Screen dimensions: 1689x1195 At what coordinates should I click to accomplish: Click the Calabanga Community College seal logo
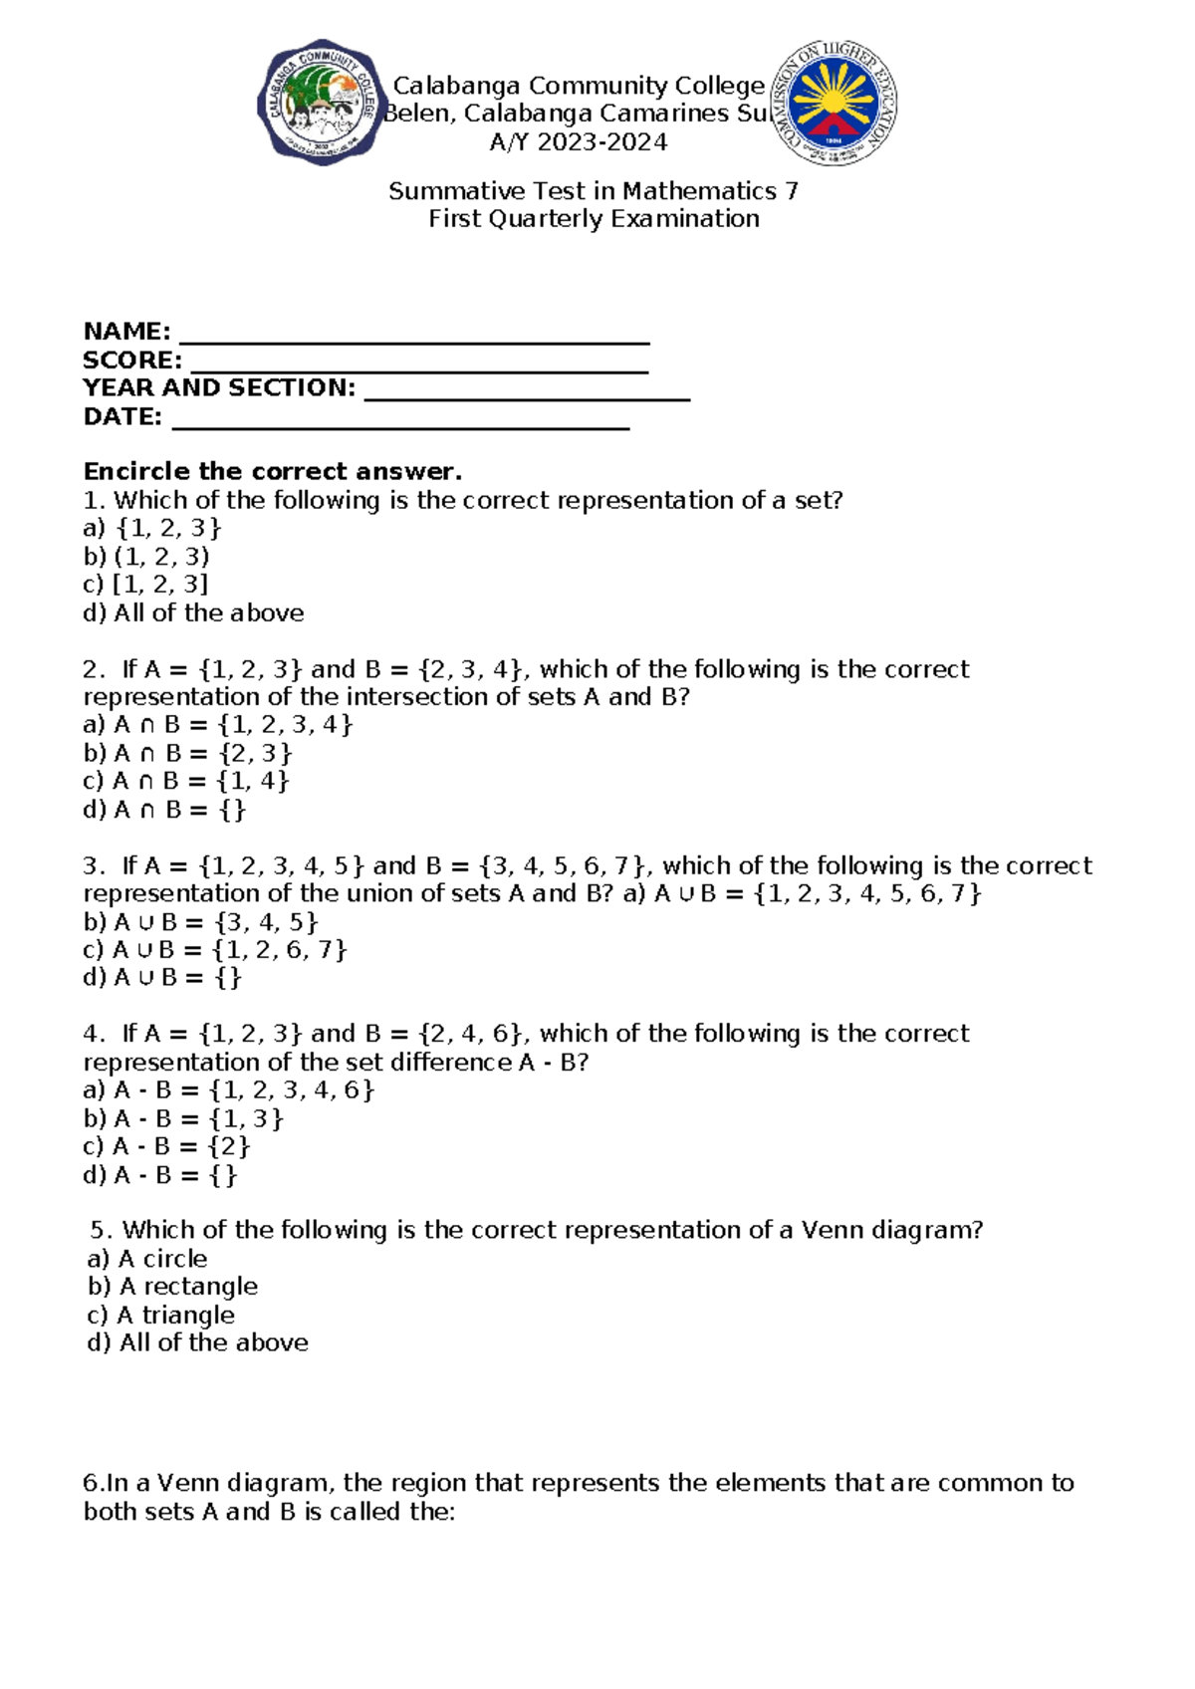pyautogui.click(x=321, y=103)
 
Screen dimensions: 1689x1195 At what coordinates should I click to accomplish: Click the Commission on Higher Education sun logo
pyautogui.click(x=836, y=103)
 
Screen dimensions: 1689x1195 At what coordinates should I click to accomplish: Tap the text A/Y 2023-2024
pyautogui.click(x=579, y=142)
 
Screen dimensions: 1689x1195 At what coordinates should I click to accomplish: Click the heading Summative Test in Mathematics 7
pyautogui.click(x=594, y=190)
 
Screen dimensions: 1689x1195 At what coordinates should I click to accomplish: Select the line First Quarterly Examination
pyautogui.click(x=594, y=219)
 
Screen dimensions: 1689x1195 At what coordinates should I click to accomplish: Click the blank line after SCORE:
pyautogui.click(x=419, y=365)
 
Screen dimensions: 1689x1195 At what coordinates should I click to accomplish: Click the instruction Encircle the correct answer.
pyautogui.click(x=273, y=471)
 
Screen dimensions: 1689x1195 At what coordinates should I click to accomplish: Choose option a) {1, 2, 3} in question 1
pyautogui.click(x=152, y=528)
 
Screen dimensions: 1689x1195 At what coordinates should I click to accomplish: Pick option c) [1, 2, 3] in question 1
pyautogui.click(x=145, y=585)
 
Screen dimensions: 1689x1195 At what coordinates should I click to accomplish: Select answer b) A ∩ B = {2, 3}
pyautogui.click(x=188, y=753)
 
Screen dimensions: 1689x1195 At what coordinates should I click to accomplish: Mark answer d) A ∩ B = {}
pyautogui.click(x=164, y=810)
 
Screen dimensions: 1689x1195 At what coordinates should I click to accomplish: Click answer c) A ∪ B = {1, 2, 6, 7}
pyautogui.click(x=215, y=950)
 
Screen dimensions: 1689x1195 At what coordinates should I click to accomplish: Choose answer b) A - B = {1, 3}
pyautogui.click(x=183, y=1118)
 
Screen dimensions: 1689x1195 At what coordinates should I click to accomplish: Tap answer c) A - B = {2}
pyautogui.click(x=166, y=1146)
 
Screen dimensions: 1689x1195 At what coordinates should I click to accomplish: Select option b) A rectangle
pyautogui.click(x=173, y=1287)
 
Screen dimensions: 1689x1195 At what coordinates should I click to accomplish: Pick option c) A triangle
pyautogui.click(x=161, y=1315)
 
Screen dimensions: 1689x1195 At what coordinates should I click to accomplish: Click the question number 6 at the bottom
pyautogui.click(x=92, y=1483)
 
